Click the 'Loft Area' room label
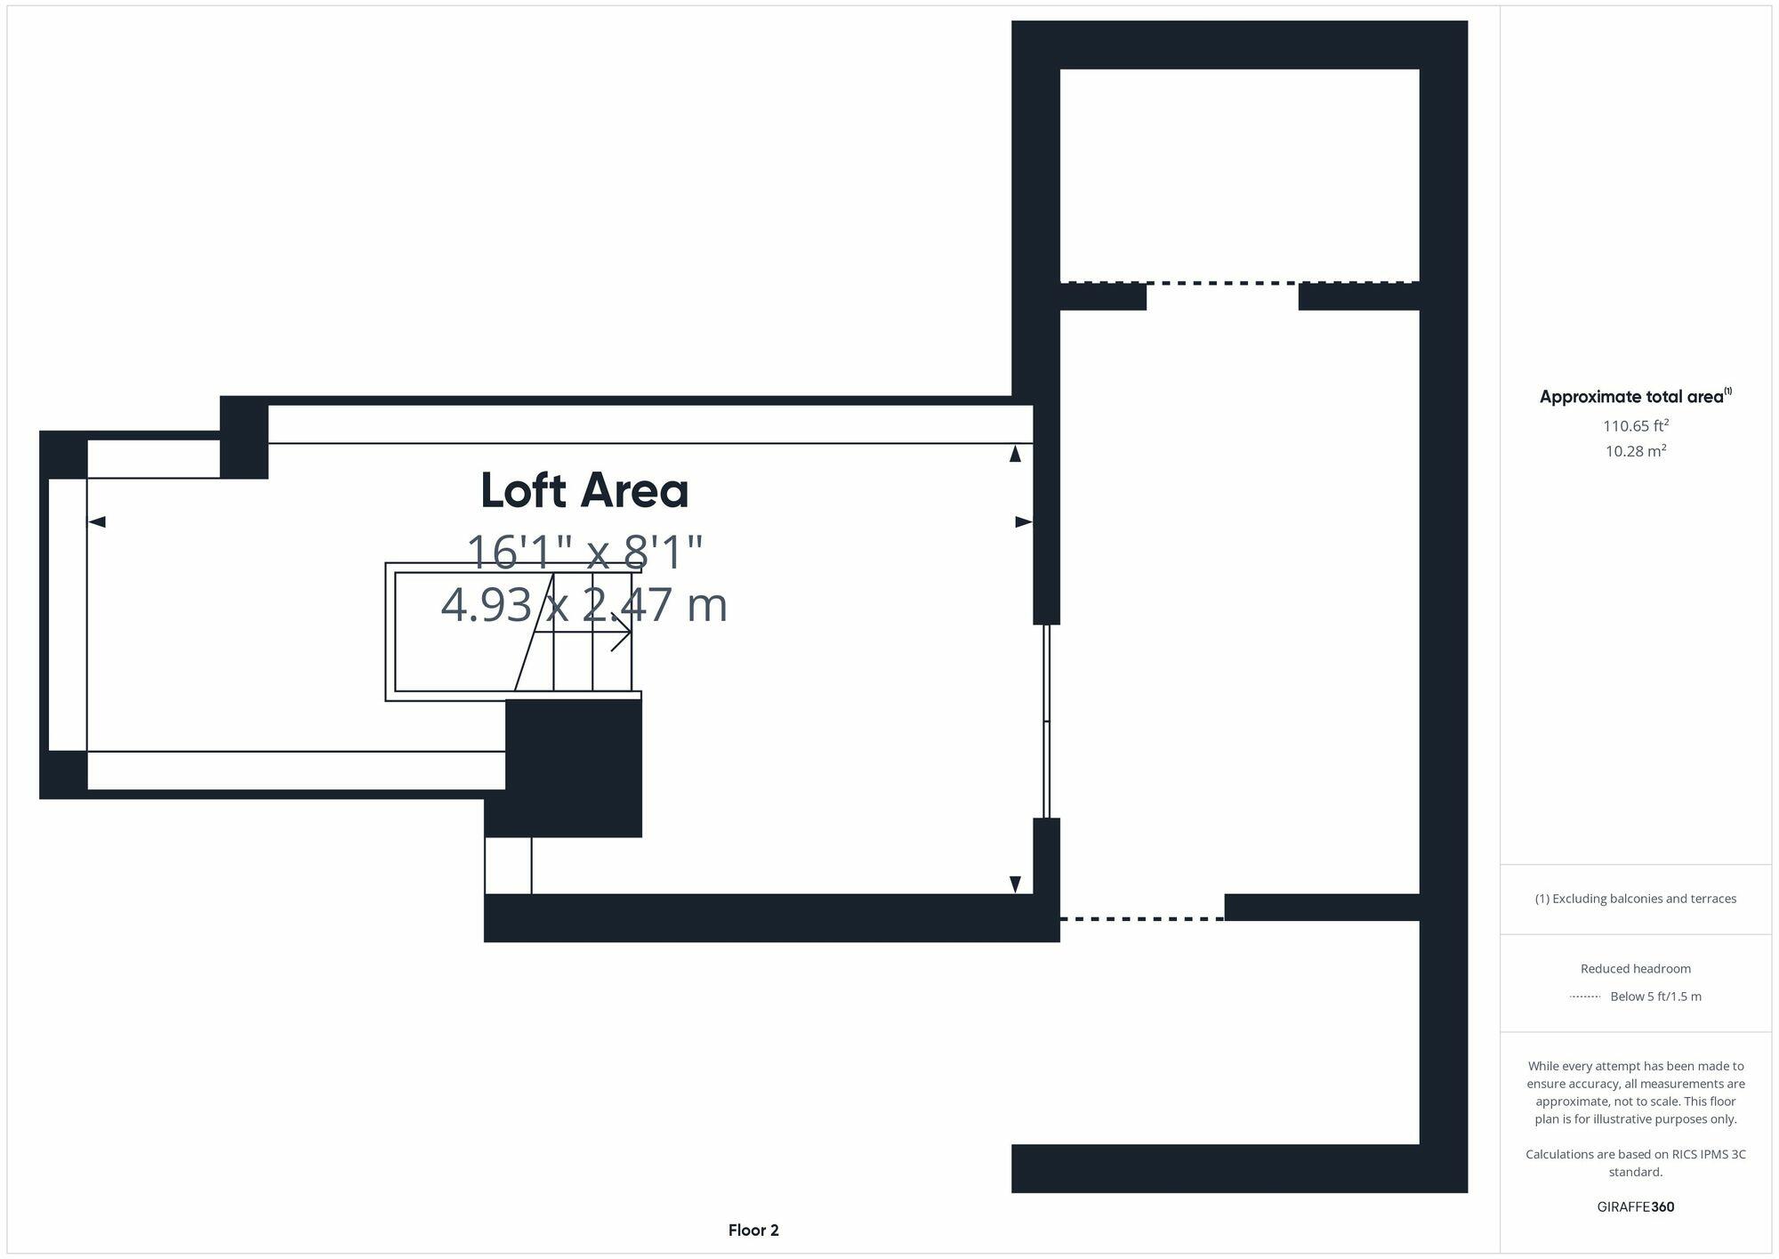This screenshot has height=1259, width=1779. pyautogui.click(x=584, y=490)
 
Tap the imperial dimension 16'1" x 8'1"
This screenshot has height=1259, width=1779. pyautogui.click(x=584, y=552)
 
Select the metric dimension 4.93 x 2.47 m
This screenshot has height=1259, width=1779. pyautogui.click(x=584, y=605)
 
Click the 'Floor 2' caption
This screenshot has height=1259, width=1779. pyautogui.click(x=753, y=1231)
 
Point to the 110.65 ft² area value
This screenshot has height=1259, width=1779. pyautogui.click(x=1635, y=425)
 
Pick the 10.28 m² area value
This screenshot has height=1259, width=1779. pyautogui.click(x=1635, y=451)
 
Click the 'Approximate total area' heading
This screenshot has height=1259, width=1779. pyautogui.click(x=1632, y=397)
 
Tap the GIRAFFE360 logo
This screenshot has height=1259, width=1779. pyautogui.click(x=1635, y=1207)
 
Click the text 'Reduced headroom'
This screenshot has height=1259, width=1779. pyautogui.click(x=1635, y=968)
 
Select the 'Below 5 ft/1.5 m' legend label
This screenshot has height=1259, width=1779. pyautogui.click(x=1655, y=997)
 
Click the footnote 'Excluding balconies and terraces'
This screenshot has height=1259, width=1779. pyautogui.click(x=1635, y=899)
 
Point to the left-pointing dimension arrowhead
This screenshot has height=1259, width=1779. pyautogui.click(x=97, y=521)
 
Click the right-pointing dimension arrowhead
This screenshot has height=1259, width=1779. pyautogui.click(x=1023, y=521)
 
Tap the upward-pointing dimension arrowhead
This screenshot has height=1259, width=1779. pyautogui.click(x=1015, y=454)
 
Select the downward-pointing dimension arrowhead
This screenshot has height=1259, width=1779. pyautogui.click(x=1015, y=884)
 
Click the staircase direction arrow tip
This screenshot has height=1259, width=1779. pyautogui.click(x=629, y=633)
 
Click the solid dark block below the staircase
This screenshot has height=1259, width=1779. pyautogui.click(x=573, y=767)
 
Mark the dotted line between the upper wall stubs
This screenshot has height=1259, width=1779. pyautogui.click(x=1222, y=283)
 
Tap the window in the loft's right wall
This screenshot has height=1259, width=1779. pyautogui.click(x=1047, y=721)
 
